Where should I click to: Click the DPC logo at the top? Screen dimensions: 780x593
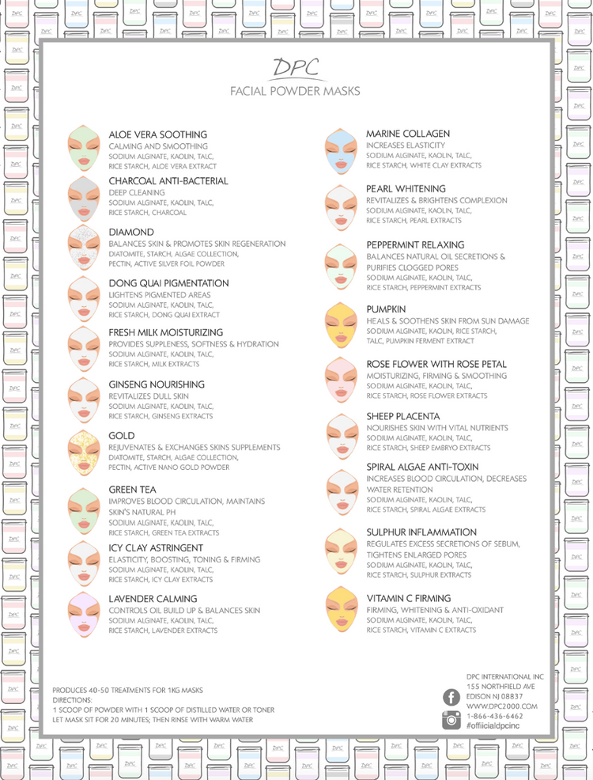coord(295,68)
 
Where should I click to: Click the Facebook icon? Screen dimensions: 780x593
coord(451,697)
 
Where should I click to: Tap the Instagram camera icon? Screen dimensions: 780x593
coord(451,719)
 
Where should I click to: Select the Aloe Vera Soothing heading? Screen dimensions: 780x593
coord(157,134)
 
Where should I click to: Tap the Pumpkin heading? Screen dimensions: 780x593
coord(386,309)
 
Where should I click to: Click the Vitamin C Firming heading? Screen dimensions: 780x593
coord(408,598)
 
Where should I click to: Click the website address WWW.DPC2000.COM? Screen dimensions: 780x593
coord(501,706)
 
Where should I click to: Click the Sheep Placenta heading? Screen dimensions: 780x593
coord(402,415)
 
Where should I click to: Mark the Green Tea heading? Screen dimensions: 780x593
coord(132,489)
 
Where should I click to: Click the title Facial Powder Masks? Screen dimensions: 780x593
coord(295,91)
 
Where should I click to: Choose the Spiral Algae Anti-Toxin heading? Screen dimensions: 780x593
coord(422,467)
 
